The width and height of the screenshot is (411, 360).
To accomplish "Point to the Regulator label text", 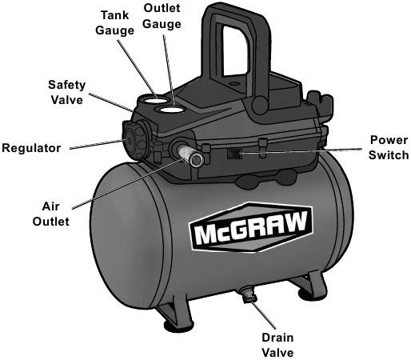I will pos(33,149).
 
